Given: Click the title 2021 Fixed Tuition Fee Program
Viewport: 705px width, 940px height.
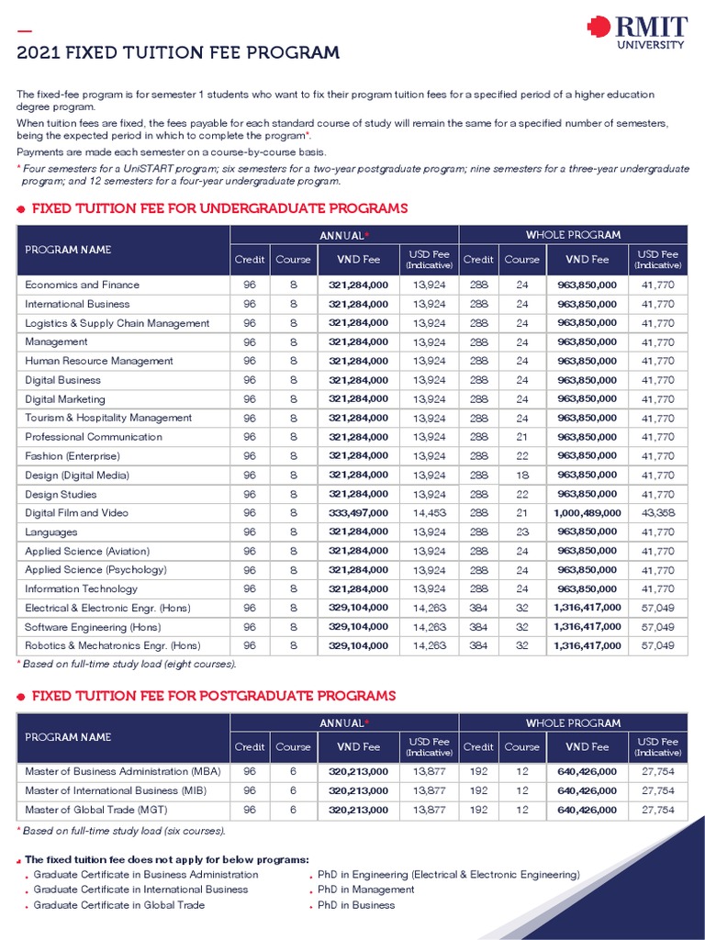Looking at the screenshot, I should click(x=178, y=53).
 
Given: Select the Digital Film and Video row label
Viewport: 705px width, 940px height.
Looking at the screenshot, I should click(x=76, y=513).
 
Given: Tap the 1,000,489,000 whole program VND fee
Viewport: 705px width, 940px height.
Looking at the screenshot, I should click(x=587, y=513).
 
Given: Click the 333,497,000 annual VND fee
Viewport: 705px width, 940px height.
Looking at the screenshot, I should click(x=358, y=513).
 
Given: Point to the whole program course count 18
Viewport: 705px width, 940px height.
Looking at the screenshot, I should click(x=521, y=476).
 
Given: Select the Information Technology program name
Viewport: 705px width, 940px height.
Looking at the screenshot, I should click(x=81, y=589).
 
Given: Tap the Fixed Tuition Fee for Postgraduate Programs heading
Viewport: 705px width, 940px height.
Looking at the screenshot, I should click(x=214, y=696).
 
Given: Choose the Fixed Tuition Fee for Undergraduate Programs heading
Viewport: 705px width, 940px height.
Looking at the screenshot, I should click(x=219, y=208).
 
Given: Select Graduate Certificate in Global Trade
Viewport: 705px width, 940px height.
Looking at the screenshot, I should click(x=119, y=905).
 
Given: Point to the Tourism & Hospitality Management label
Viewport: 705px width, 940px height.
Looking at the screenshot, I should click(x=108, y=419).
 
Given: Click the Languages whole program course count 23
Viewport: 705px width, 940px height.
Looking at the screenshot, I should click(x=521, y=532).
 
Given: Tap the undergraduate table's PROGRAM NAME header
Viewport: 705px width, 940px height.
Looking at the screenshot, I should click(x=68, y=250).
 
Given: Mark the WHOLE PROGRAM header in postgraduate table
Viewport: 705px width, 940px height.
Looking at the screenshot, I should click(x=573, y=723).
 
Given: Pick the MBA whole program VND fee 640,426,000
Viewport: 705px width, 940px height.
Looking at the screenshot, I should click(x=587, y=771).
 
